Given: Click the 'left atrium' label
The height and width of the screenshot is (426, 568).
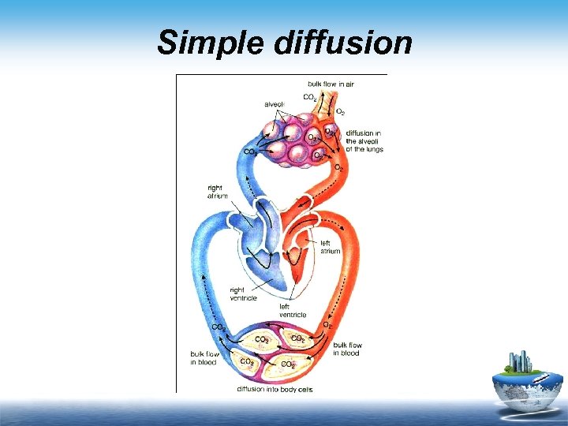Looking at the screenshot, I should [330, 247].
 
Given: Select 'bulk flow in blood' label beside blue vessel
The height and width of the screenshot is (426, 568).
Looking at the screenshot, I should [203, 357].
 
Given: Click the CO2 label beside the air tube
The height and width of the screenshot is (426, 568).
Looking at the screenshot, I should [310, 98].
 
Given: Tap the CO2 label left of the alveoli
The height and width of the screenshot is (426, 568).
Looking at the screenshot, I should [251, 151].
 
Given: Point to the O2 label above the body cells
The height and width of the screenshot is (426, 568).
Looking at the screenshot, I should [327, 324].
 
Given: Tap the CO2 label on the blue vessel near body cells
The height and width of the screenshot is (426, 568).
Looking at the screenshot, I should [218, 327].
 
